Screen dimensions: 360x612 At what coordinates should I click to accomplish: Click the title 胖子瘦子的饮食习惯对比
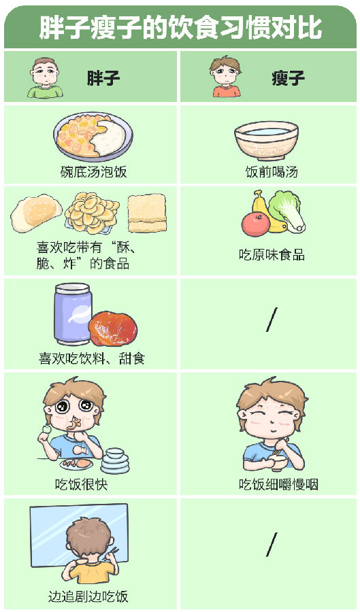pos(180,28)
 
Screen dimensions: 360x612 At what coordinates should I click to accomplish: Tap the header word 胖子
pos(103,78)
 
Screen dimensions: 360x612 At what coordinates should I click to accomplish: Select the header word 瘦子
pos(288,78)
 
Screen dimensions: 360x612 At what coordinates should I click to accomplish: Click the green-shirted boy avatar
pos(46,78)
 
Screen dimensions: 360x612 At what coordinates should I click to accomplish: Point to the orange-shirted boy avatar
pos(226,76)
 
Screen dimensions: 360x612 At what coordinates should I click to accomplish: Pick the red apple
pos(255,224)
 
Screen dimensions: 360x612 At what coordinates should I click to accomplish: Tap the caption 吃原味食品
pos(272,255)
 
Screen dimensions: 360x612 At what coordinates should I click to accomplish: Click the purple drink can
pos(73,313)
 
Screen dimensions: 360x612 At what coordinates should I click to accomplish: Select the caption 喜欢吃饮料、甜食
pos(92,358)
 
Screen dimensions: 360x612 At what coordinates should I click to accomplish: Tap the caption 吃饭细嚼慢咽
pos(279,485)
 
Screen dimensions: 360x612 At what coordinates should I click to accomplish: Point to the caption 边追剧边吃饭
pos(88,597)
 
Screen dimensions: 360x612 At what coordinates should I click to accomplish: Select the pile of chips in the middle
pos(92,213)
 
